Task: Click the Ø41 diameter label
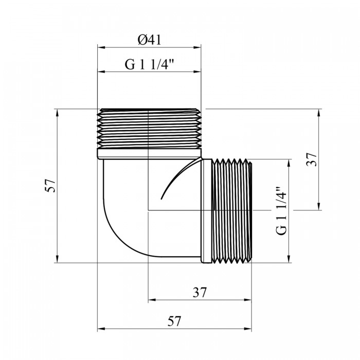pos(150,40)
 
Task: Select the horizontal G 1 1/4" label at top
pos(149,64)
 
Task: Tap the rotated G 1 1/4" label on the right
pos(281,210)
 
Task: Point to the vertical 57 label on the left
pos(50,186)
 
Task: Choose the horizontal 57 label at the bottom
pos(174,321)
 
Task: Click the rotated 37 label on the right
pos(312,159)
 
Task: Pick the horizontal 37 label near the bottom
pos(200,292)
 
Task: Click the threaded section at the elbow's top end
pos(149,129)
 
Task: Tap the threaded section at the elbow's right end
pos(232,210)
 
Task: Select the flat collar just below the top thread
pos(149,154)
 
